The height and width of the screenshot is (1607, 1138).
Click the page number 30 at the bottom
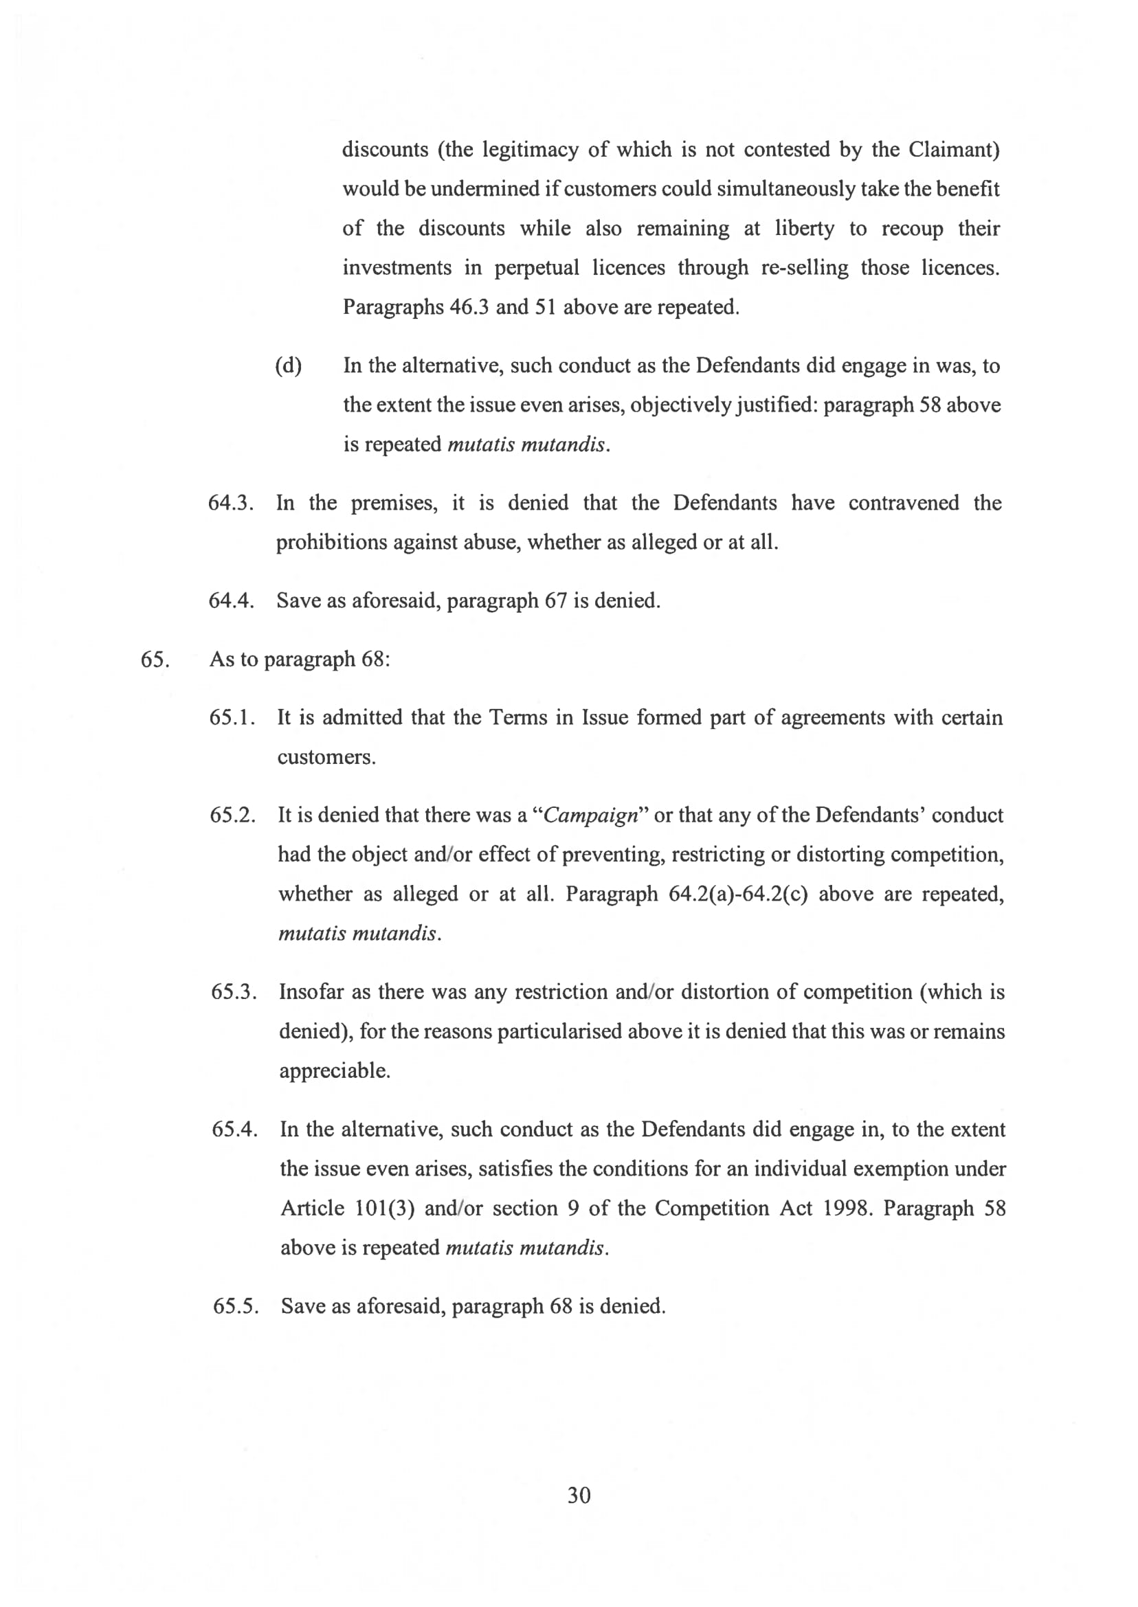click(579, 1495)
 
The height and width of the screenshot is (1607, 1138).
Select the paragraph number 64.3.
click(230, 503)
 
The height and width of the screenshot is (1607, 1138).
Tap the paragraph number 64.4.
click(230, 600)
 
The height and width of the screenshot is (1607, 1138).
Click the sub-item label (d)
click(288, 366)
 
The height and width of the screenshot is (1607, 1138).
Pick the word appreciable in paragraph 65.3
click(334, 1071)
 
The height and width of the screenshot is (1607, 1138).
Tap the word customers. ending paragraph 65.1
click(326, 758)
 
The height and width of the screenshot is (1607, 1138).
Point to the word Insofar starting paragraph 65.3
click(311, 992)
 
